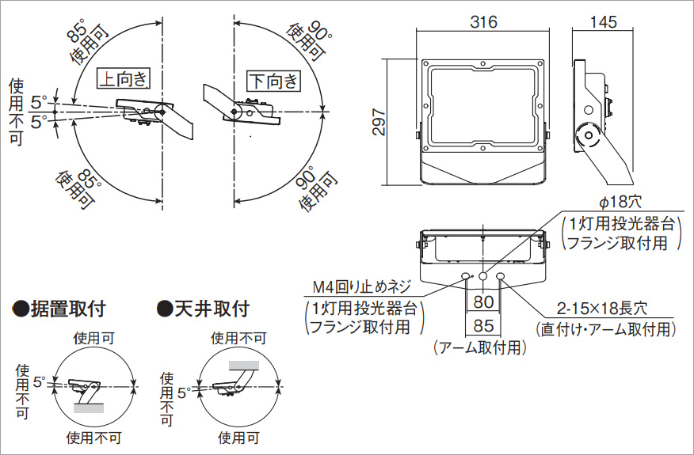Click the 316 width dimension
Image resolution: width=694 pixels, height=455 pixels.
[483, 22]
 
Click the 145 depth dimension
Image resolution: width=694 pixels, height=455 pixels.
[603, 22]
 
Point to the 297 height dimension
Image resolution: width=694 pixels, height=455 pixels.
[378, 123]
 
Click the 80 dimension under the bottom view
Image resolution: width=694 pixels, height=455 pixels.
[483, 302]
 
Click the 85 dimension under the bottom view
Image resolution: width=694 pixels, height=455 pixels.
[483, 325]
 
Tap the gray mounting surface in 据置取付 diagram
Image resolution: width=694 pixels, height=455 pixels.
[89, 408]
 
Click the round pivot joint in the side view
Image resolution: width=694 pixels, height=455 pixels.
[588, 135]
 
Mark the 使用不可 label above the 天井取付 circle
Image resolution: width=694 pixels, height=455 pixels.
[238, 338]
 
